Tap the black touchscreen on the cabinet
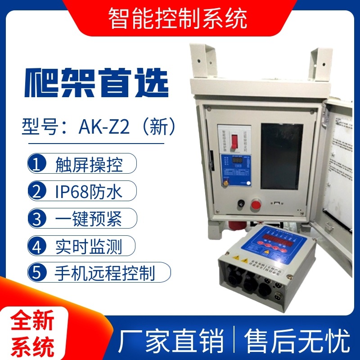click(283, 155)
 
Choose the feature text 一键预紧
click(89, 219)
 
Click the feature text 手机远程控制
click(105, 272)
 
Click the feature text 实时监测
click(89, 246)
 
